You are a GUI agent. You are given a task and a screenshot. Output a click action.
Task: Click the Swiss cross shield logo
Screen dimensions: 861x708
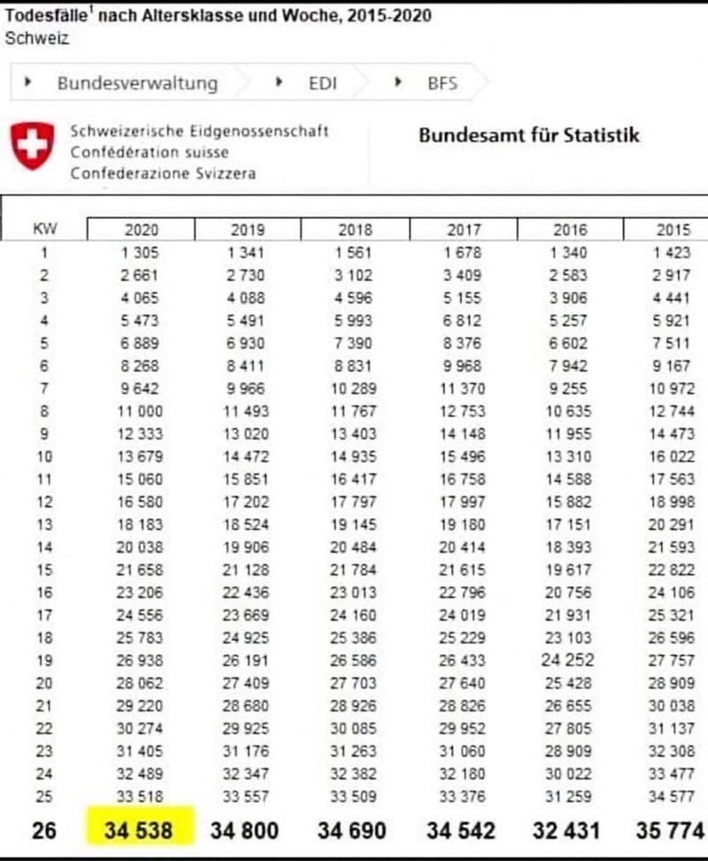(x=31, y=146)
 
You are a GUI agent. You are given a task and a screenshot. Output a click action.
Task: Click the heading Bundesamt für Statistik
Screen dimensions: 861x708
(x=528, y=135)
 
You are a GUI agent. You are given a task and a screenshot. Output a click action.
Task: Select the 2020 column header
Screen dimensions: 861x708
(x=141, y=230)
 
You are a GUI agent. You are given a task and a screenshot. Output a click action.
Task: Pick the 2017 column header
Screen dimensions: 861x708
(x=463, y=230)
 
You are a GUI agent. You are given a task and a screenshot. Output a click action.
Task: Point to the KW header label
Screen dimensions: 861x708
(x=44, y=228)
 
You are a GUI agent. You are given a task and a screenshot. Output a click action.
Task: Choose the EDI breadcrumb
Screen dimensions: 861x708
(x=322, y=83)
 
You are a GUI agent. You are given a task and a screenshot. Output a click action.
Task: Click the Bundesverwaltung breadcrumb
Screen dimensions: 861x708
(x=137, y=83)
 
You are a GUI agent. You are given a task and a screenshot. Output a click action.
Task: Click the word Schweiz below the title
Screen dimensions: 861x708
(x=36, y=38)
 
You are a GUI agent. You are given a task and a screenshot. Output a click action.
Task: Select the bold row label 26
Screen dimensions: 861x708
(x=44, y=831)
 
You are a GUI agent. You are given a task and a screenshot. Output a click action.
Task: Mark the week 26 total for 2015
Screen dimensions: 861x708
(x=670, y=831)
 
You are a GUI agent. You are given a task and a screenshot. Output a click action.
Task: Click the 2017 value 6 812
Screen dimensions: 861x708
(x=463, y=320)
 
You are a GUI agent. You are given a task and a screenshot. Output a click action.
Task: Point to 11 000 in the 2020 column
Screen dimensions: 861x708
(x=141, y=411)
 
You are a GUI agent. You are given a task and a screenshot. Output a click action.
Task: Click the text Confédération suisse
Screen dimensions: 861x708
(x=150, y=152)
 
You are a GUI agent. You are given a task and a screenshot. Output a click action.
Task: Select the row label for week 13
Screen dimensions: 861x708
(x=44, y=525)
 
